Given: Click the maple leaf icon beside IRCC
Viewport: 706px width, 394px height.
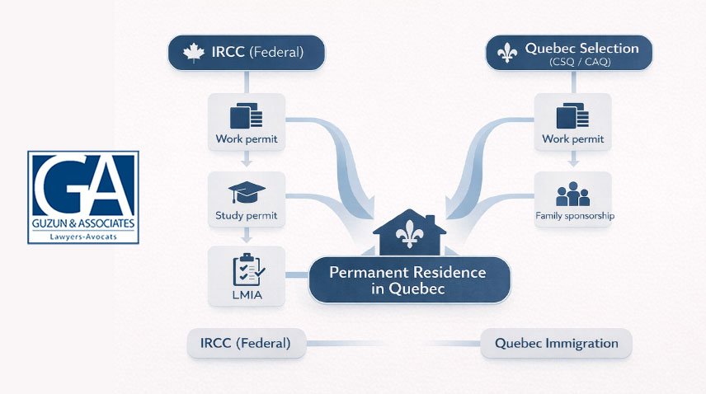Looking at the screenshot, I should pos(194,54).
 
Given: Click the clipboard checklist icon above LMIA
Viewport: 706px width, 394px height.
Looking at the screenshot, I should pos(247,269).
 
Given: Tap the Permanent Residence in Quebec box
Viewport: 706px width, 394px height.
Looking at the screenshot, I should pos(409,280).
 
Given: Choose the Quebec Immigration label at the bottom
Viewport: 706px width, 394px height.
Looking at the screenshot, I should pos(556,343).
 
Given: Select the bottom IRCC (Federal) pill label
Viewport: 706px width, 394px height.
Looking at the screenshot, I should pos(245,343).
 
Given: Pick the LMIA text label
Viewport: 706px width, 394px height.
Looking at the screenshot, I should pos(247,294).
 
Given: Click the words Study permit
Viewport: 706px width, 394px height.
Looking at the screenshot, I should pos(247,216).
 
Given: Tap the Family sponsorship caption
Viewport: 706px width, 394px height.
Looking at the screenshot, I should pos(574,216).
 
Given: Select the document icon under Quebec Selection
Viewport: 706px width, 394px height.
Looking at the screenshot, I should pos(572,114).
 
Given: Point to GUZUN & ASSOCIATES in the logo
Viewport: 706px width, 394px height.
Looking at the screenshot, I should pos(82,224).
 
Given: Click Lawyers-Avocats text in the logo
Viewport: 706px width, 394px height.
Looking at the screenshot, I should pos(82,237).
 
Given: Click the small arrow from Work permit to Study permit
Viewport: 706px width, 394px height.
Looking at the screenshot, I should pos(247,161).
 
